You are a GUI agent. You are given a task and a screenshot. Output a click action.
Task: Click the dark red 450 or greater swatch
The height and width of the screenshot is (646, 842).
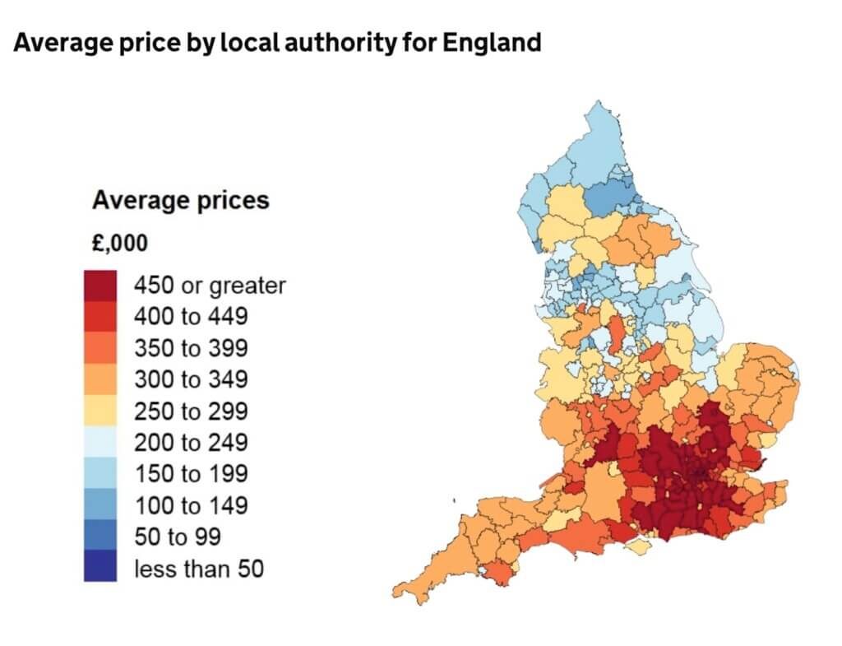pos(99,286)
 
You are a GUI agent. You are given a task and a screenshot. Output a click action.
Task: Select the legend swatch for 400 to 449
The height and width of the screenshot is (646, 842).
pos(99,317)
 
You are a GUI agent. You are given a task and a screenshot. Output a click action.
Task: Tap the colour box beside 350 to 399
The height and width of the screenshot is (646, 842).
pos(99,348)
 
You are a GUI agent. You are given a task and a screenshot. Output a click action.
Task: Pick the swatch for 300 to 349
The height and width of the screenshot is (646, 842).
pos(99,379)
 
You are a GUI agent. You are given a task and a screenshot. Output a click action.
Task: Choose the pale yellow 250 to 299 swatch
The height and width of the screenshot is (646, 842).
pos(99,410)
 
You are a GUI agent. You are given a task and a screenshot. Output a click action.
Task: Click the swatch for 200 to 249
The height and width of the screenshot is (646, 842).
pos(99,441)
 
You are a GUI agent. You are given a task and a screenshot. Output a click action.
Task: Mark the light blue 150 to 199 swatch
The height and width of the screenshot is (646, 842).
pos(99,472)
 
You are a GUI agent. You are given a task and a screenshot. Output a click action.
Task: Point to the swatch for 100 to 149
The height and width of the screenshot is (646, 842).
pos(99,504)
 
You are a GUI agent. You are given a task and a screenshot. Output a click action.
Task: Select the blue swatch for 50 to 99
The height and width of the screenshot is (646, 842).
pos(99,535)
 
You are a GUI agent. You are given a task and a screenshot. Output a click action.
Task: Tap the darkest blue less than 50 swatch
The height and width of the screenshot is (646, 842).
pos(99,565)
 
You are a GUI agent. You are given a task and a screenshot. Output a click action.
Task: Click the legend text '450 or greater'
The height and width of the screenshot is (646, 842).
pos(210,286)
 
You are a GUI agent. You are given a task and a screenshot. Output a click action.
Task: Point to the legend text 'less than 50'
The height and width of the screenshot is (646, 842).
pos(199,569)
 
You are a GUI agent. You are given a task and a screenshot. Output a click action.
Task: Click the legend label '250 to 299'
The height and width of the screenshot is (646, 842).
pos(191,411)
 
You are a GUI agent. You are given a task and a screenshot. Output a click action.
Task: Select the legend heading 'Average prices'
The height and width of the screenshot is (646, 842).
pos(180,201)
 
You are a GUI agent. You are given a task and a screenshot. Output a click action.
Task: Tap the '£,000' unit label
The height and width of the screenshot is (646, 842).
pos(120,244)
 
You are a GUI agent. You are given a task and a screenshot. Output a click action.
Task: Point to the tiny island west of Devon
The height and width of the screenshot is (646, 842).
pos(454,501)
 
